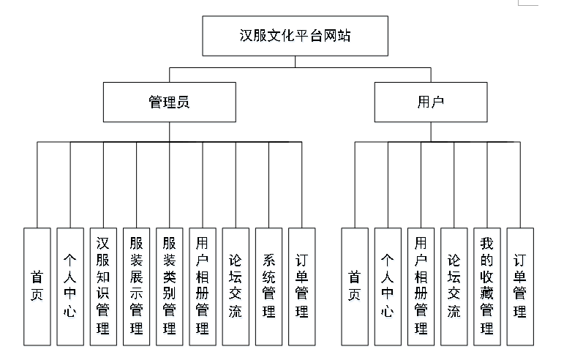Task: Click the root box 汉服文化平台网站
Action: pos(295,35)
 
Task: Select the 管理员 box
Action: pos(169,102)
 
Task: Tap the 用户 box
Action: pos(430,102)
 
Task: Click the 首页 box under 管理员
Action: pos(37,286)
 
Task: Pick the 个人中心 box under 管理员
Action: pos(70,286)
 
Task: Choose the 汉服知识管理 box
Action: pos(103,286)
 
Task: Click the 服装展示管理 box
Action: pos(136,286)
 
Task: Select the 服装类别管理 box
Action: pos(169,286)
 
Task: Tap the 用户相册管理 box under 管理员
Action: pos(203,286)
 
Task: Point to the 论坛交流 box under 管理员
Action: pos(236,286)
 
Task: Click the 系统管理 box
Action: pos(268,286)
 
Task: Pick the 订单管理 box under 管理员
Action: pos(301,286)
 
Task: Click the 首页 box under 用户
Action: pos(355,286)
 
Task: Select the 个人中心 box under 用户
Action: pos(388,286)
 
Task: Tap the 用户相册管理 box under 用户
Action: pos(421,286)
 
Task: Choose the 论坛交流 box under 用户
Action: pos(454,286)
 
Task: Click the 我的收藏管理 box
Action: pos(487,286)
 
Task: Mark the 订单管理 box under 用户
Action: pos(520,286)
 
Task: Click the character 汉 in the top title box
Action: pos(247,35)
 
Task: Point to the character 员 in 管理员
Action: pos(183,102)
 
